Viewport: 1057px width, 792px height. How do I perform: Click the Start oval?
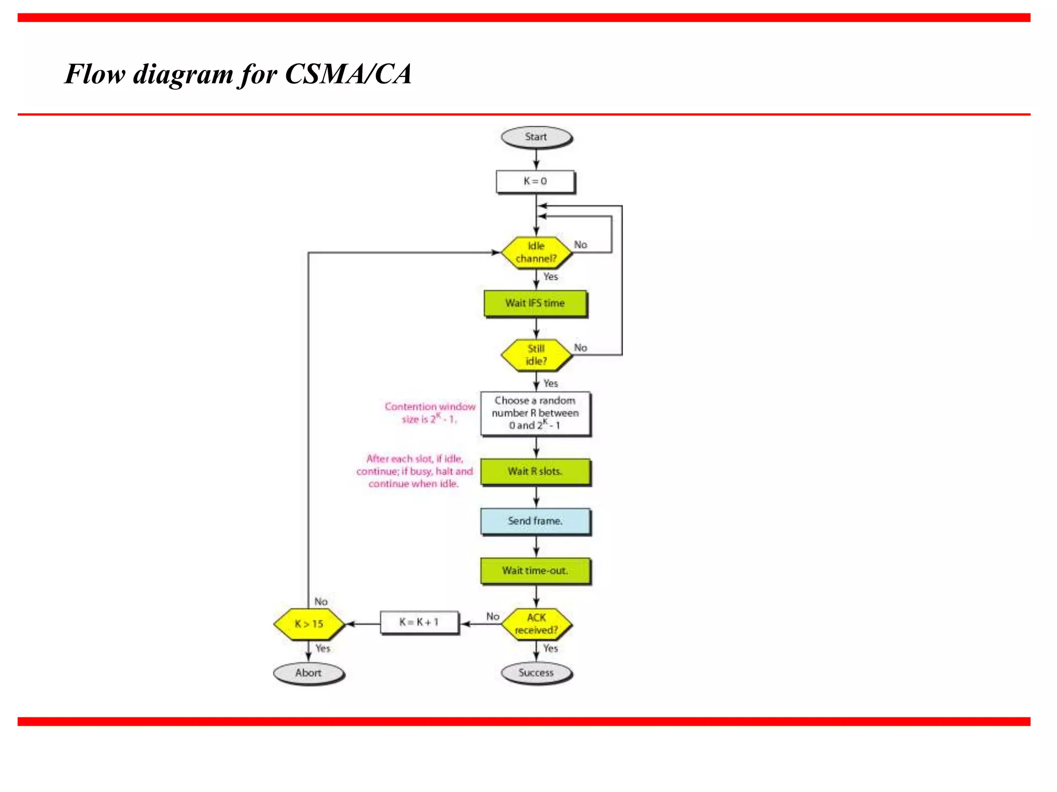tap(536, 137)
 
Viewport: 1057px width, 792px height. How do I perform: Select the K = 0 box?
tap(535, 181)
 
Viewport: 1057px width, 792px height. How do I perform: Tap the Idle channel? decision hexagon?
tap(536, 252)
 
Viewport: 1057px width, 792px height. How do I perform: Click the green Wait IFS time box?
tap(535, 303)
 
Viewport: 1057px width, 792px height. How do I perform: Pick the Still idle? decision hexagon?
tap(536, 355)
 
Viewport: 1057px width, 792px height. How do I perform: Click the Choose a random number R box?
tap(535, 413)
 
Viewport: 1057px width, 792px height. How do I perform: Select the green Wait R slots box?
tap(535, 471)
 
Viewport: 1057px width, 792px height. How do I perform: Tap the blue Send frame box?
tap(535, 521)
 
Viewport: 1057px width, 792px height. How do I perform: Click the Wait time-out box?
tap(535, 571)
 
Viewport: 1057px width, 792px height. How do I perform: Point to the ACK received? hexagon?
tap(536, 624)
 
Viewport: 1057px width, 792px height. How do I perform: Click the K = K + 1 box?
tap(419, 622)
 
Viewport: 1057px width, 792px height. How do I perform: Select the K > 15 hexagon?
tap(309, 624)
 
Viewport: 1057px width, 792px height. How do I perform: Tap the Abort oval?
tap(309, 673)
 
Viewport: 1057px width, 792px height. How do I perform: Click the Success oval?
tap(536, 673)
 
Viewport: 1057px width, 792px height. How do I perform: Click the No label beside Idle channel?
tap(581, 245)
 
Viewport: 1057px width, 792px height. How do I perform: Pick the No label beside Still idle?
tap(581, 348)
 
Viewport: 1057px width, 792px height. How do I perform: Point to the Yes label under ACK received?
tap(551, 649)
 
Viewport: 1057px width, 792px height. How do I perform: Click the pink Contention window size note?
tap(430, 412)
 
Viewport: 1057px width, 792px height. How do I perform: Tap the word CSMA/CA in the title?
tap(348, 74)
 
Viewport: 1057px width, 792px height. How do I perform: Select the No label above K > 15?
tap(321, 602)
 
